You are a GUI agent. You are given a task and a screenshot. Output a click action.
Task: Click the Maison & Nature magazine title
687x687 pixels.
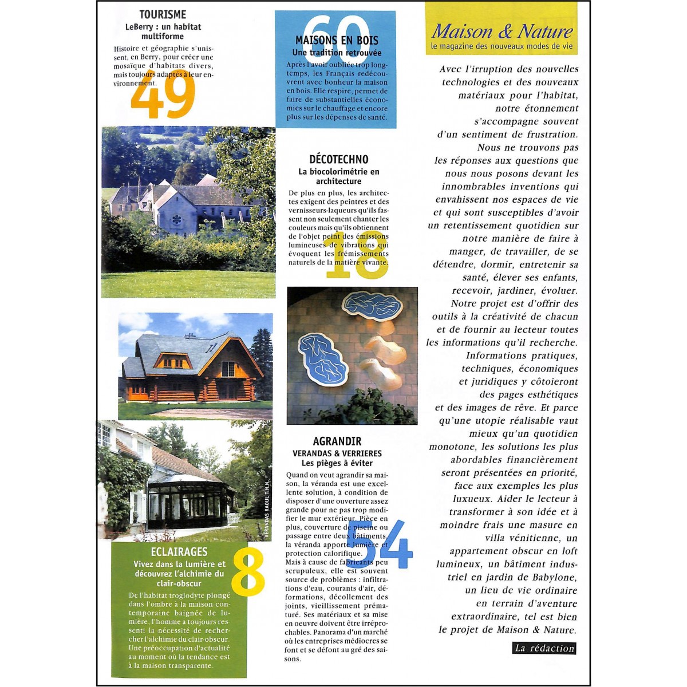502,30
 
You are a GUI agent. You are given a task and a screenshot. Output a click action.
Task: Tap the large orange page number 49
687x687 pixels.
163,93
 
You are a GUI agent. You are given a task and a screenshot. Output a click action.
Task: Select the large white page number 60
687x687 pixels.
335,33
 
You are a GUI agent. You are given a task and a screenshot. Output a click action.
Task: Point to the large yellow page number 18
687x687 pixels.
356,255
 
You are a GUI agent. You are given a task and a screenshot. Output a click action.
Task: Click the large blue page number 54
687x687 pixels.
379,544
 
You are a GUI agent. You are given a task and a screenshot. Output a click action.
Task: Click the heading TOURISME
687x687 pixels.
163,14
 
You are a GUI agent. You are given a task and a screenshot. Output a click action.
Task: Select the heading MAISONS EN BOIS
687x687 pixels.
337,41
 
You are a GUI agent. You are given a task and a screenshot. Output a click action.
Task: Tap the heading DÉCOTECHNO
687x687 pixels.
339,159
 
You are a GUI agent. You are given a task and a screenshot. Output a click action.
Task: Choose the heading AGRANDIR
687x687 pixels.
337,441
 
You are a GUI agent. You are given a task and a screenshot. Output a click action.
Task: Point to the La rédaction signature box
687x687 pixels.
544,648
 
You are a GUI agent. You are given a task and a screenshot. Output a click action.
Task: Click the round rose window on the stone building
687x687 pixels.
176,219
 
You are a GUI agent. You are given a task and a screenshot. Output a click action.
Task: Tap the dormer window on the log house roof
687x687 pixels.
172,360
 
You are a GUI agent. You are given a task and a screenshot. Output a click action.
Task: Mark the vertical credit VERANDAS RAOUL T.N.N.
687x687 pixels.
266,510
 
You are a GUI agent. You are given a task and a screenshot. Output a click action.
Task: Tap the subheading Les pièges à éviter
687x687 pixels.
337,463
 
